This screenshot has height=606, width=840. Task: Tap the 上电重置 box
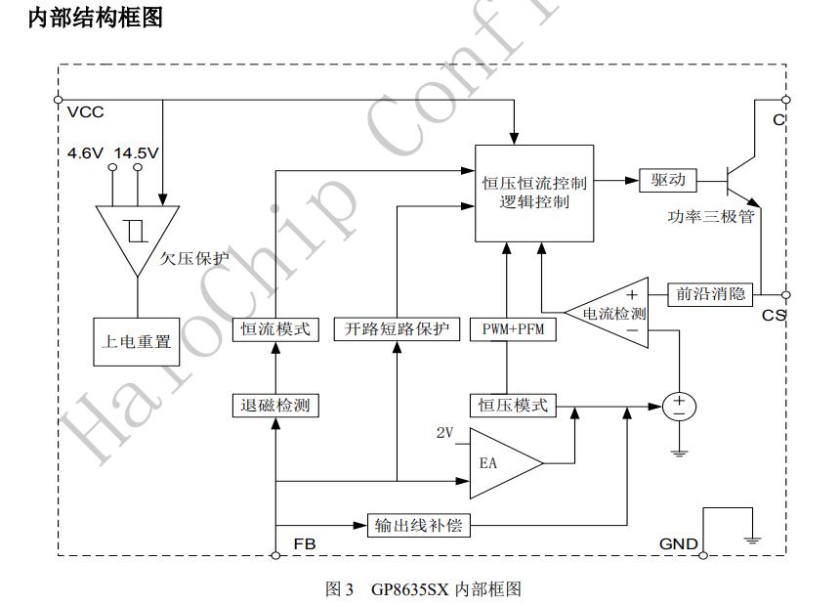[x=137, y=342]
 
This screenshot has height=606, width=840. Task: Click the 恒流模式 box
[x=276, y=329]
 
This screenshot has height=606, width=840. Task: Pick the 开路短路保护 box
[x=397, y=329]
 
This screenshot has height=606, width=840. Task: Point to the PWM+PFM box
[x=507, y=329]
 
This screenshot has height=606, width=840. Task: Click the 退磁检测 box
[x=276, y=405]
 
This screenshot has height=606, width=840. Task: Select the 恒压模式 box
[x=512, y=405]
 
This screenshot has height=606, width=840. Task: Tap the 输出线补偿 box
[x=418, y=526]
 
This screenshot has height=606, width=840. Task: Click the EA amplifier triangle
[x=498, y=462]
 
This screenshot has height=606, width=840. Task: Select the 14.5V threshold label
[x=137, y=153]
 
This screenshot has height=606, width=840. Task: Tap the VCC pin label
[x=86, y=111]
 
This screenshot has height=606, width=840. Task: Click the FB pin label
[x=305, y=542]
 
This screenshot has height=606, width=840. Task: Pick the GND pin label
[x=678, y=543]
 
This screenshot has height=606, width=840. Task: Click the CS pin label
[x=774, y=315]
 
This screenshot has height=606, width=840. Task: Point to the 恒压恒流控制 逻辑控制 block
[x=534, y=193]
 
